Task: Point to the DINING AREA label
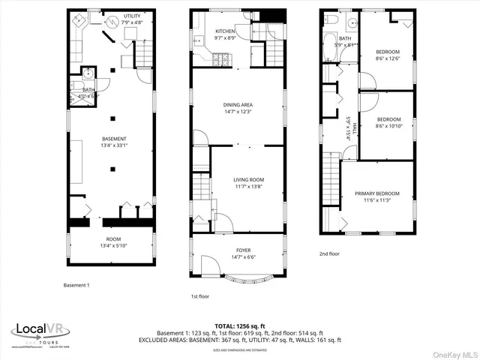tap(238, 109)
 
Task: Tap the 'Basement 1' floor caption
tap(76, 285)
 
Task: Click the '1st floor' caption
tap(199, 296)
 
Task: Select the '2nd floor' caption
tap(329, 254)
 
